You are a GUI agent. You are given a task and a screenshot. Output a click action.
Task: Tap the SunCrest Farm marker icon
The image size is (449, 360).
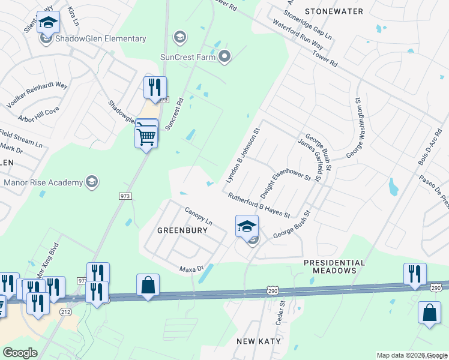(x=225, y=58)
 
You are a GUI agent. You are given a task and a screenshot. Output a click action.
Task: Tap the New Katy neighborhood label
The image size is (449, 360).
(x=259, y=341)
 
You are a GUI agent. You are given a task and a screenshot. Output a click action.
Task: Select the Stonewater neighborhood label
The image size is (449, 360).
(x=334, y=11)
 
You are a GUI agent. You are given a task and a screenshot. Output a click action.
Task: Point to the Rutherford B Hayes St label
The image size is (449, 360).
(x=259, y=205)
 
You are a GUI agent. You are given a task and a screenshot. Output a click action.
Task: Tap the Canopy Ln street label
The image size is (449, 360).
(x=199, y=217)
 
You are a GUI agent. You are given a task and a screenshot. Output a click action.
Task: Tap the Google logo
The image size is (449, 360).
(x=20, y=353)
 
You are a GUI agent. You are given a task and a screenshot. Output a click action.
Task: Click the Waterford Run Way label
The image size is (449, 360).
(x=298, y=37)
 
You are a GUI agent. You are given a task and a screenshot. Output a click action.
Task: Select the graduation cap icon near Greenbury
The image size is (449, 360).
(x=247, y=226)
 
